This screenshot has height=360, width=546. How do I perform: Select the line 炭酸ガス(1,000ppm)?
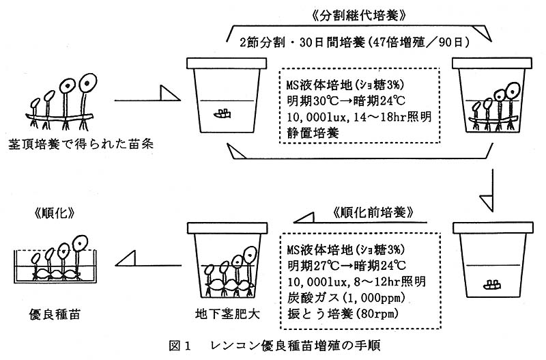point(341,296)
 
